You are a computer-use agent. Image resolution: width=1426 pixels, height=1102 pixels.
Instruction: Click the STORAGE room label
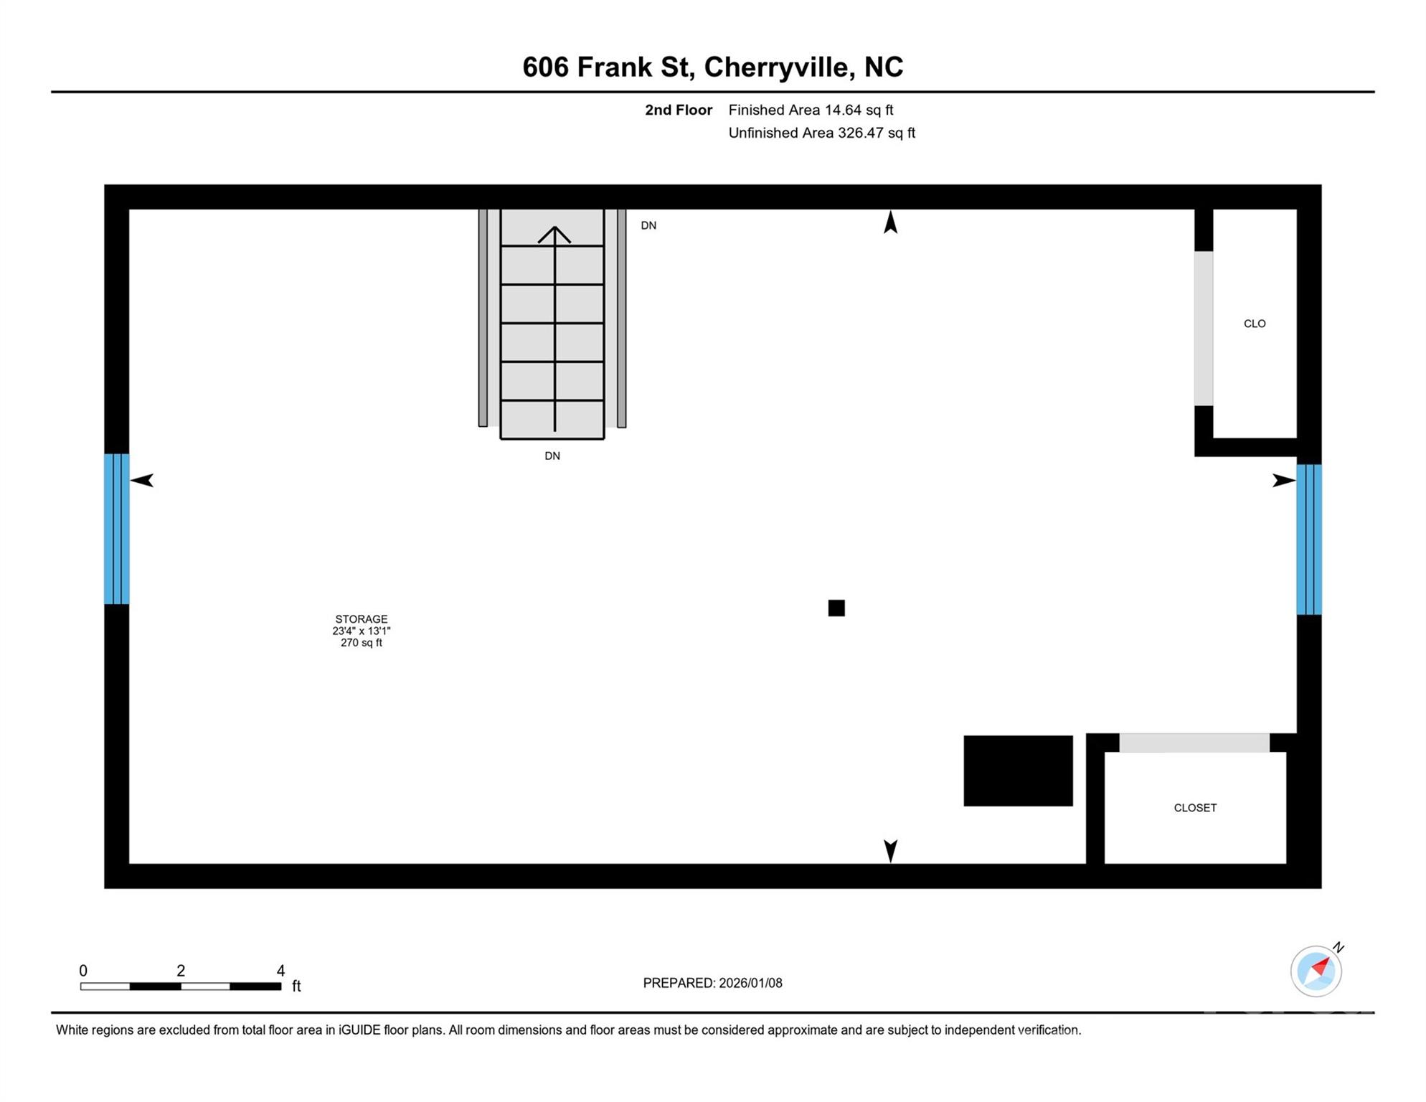(361, 618)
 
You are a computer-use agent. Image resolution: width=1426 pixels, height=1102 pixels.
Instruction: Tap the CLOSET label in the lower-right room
(1194, 808)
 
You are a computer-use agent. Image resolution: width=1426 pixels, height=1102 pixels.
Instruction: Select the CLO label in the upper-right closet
(1254, 324)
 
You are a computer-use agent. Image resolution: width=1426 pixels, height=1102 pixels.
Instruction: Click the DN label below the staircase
(552, 456)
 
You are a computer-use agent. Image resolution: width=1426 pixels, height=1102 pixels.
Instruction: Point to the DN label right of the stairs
(648, 225)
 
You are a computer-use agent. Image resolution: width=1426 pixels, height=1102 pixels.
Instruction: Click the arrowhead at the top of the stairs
(554, 234)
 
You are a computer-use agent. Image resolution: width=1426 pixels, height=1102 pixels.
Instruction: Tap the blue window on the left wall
(116, 529)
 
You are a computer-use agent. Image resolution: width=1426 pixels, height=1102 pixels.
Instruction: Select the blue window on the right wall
(1308, 540)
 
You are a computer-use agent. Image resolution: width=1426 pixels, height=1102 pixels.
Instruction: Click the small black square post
(836, 608)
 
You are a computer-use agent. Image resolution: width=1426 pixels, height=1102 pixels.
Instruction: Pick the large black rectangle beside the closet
(1017, 771)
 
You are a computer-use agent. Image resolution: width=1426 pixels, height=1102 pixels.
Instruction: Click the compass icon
(1316, 971)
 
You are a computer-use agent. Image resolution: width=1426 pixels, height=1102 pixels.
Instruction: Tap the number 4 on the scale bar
(280, 971)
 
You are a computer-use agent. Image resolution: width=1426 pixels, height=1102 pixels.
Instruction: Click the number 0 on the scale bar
(83, 971)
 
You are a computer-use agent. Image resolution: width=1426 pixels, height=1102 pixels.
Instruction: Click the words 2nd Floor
(678, 110)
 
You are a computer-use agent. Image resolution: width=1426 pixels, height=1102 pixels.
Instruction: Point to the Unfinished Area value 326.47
(860, 133)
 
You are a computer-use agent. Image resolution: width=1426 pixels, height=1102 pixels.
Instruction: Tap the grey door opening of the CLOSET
(1194, 743)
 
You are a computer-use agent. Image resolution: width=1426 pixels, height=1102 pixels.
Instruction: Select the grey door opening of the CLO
(1203, 329)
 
